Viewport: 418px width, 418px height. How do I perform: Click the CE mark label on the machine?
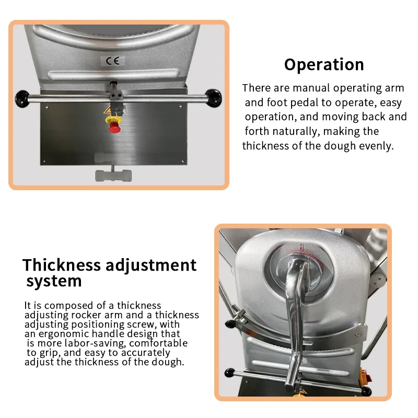[112, 61]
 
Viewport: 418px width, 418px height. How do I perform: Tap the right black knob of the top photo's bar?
[213, 97]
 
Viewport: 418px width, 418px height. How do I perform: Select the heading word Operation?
[324, 65]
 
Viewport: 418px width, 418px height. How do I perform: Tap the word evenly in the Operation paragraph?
[375, 146]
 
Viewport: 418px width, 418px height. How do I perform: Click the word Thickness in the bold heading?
[62, 265]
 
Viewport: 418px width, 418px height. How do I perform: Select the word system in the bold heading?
[54, 282]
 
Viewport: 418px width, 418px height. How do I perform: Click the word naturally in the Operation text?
[298, 131]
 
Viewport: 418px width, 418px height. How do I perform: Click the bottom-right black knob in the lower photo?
[366, 391]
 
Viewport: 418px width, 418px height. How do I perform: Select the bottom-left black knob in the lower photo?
[230, 374]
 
